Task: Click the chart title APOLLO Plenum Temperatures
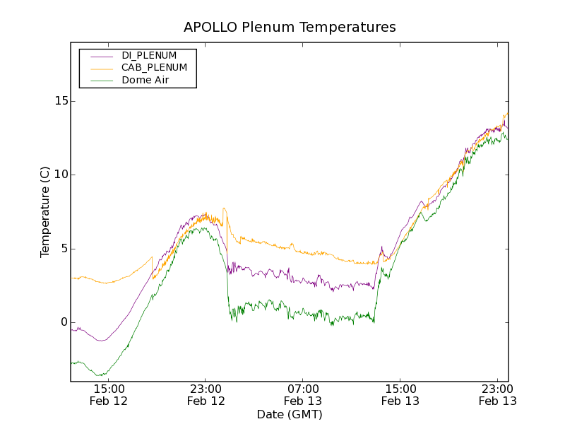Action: click(x=290, y=28)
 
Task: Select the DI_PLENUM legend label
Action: click(x=149, y=55)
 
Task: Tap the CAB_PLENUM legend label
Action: click(x=154, y=68)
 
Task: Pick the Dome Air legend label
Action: click(x=145, y=81)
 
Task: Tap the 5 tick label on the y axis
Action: click(x=64, y=249)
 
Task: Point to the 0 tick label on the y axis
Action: click(x=64, y=322)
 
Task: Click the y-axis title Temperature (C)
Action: click(x=45, y=212)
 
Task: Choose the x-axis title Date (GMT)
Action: click(x=290, y=414)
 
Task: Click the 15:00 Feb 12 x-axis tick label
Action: click(x=109, y=394)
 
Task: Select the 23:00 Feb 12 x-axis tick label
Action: click(x=206, y=394)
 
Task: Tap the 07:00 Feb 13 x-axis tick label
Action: click(x=303, y=394)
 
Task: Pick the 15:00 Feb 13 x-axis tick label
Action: click(x=400, y=394)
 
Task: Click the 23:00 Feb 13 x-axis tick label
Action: click(x=497, y=394)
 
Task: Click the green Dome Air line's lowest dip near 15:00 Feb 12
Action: click(x=102, y=375)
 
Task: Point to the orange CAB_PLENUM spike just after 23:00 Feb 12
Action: click(x=224, y=208)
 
